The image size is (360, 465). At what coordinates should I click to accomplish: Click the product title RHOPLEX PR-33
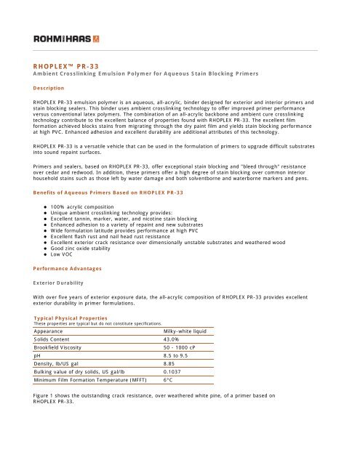tap(58, 64)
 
